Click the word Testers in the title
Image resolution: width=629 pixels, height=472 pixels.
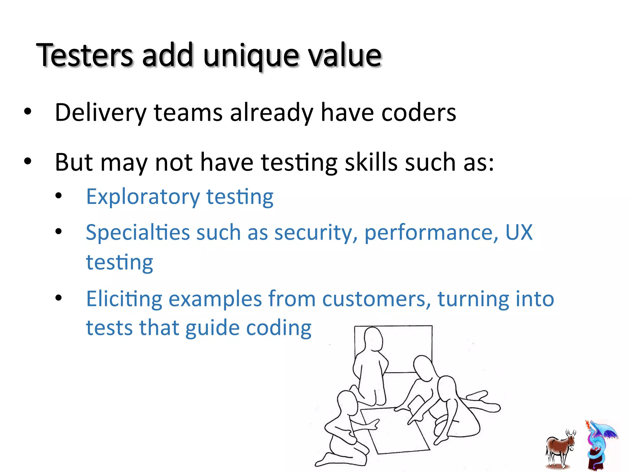click(84, 55)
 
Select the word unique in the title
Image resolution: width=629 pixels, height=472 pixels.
click(251, 56)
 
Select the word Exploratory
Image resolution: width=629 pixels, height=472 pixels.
click(143, 197)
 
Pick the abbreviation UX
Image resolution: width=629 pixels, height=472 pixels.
click(519, 232)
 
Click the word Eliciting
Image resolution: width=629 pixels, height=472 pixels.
click(124, 299)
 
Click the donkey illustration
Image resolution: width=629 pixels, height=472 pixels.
click(560, 449)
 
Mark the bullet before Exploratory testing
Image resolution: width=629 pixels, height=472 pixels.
click(59, 196)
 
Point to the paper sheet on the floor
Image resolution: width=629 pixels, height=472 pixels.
click(396, 430)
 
